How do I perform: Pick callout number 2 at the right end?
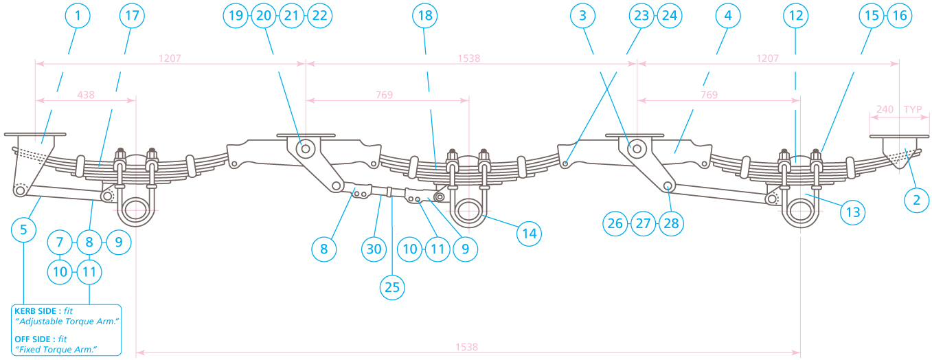(916, 200)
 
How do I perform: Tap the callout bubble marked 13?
(852, 212)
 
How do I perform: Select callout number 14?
(528, 234)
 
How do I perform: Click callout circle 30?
(374, 249)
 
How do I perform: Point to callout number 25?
(392, 287)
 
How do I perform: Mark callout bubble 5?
(24, 229)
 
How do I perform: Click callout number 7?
(60, 242)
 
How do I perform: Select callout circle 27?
(644, 223)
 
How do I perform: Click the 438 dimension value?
(86, 95)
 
